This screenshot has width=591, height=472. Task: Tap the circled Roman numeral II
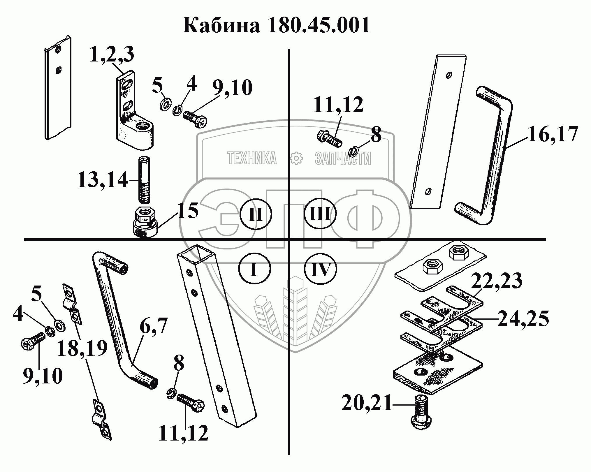click(x=256, y=215)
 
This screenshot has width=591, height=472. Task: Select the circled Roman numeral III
click(x=320, y=215)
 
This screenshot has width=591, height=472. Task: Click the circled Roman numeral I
click(x=254, y=268)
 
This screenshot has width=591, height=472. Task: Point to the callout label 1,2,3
click(x=112, y=55)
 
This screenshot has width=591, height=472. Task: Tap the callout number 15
click(x=188, y=210)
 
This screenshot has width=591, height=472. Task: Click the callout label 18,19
click(x=82, y=349)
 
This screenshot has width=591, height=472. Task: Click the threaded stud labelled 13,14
click(x=144, y=179)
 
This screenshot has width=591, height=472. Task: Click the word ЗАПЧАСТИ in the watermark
click(x=343, y=158)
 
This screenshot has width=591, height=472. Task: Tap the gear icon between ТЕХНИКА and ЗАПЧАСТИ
click(x=297, y=158)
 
